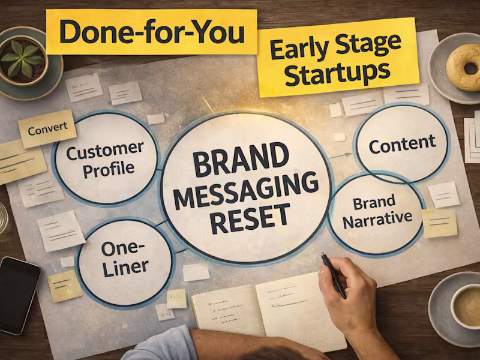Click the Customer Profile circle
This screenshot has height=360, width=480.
coord(105,158)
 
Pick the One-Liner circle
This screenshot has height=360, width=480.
coord(125,259)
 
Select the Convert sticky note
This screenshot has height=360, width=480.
coord(47,128)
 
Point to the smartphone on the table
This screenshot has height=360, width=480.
coord(18,294)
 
